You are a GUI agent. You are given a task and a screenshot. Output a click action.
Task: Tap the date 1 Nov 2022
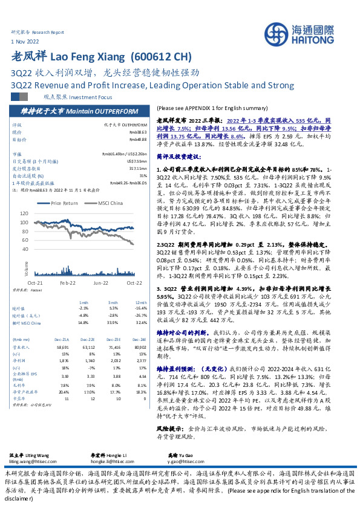coord(24,41)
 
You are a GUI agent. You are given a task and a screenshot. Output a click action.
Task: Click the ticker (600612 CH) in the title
coord(162,58)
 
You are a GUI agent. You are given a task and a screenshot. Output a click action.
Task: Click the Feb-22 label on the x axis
coord(67,283)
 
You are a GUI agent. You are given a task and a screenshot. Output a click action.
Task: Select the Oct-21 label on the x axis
coord(34,283)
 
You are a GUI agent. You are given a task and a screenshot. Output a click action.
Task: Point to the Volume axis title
coord(26,267)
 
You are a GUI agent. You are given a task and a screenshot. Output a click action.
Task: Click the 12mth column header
coord(141,302)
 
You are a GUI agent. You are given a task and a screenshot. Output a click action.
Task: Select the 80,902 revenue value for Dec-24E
coord(140,348)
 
